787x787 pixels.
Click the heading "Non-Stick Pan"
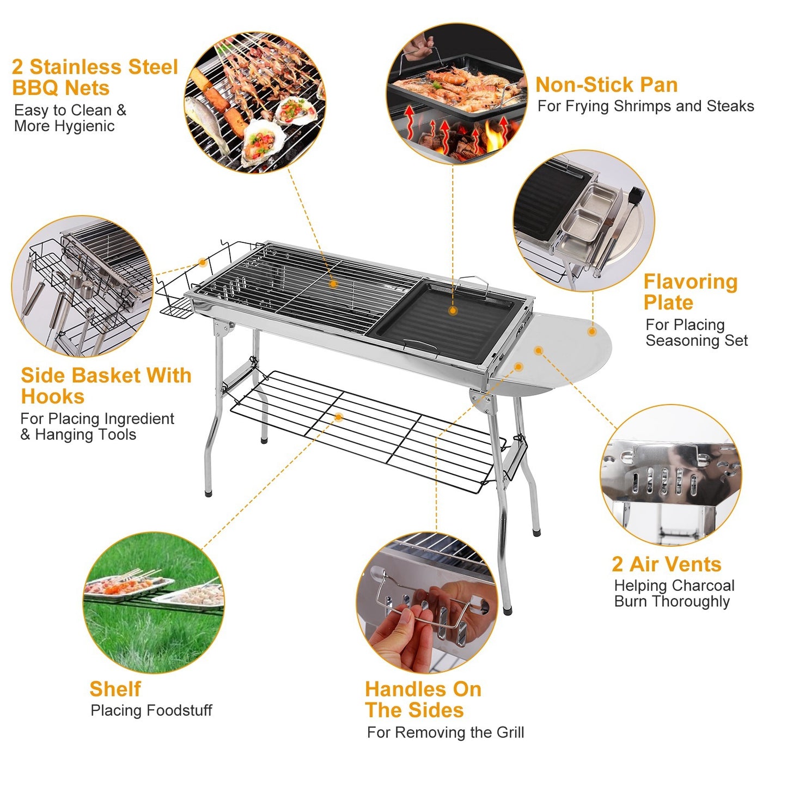606,85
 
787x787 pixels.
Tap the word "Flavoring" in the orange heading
690,282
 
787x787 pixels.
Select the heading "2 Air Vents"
666,564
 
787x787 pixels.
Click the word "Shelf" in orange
115,689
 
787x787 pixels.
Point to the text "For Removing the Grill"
445,733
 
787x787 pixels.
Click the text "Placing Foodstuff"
151,710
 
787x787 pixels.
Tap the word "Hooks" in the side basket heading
53,396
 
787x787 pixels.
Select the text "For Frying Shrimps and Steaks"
645,106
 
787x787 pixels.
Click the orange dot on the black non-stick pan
453,311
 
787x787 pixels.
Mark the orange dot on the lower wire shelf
338,417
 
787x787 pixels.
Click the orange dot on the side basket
202,263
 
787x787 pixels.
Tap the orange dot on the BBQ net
333,284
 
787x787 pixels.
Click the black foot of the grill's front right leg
508,611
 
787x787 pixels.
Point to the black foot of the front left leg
208,493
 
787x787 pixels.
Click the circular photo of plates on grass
154,602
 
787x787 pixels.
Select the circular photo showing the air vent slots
670,475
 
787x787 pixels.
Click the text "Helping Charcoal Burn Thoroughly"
674,594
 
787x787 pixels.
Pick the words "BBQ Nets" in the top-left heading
60,88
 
